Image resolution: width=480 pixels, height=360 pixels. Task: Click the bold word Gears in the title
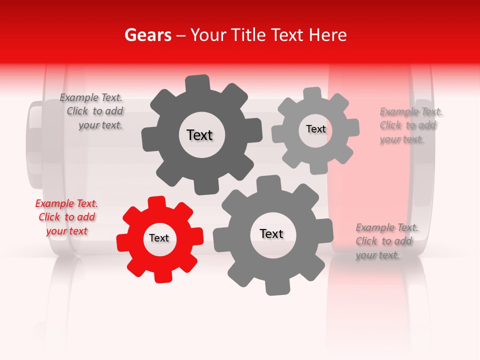147,35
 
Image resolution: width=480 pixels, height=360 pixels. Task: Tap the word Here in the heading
328,35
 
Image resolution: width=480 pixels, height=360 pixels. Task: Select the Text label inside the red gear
159,238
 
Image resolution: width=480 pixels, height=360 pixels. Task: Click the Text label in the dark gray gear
199,135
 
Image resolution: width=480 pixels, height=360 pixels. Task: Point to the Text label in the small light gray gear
315,129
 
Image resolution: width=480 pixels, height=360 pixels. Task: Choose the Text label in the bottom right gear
271,234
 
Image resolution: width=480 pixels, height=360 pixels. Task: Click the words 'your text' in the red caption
66,231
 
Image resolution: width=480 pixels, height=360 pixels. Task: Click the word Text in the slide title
287,35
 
